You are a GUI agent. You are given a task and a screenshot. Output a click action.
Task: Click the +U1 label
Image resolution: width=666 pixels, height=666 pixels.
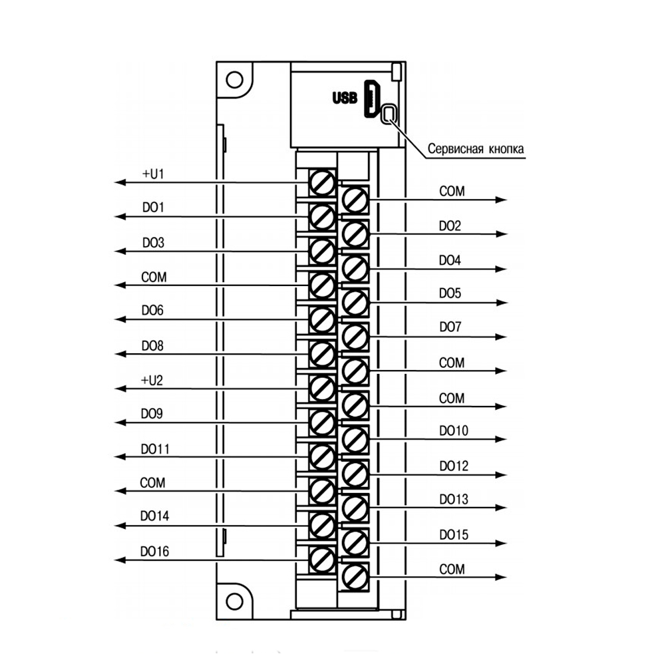tap(153, 174)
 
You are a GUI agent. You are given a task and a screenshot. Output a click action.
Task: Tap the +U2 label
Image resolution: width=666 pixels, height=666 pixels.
tap(153, 381)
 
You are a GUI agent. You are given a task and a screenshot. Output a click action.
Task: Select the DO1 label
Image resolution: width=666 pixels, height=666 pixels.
tap(153, 208)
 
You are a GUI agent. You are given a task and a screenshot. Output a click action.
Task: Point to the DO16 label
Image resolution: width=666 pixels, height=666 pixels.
tap(154, 551)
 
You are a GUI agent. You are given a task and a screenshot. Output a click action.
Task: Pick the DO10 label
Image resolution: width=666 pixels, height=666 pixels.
tap(454, 431)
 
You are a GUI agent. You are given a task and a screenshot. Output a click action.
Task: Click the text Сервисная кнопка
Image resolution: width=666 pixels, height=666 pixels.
tap(476, 148)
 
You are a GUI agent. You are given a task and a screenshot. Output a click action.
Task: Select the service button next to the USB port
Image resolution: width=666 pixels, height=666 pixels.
tap(389, 114)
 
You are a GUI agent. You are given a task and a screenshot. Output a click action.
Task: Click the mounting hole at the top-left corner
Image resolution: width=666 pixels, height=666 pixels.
tap(233, 80)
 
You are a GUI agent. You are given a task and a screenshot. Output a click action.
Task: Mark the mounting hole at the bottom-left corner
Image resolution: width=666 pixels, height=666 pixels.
tap(233, 602)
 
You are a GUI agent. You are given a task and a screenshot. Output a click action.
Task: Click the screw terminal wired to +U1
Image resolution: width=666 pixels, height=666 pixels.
tap(322, 182)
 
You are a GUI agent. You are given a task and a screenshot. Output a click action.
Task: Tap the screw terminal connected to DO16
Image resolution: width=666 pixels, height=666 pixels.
tap(322, 559)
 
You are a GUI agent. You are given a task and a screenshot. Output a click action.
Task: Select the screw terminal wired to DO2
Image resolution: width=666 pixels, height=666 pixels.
tap(355, 233)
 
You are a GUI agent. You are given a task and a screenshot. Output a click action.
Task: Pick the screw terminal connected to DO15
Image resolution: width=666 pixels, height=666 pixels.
tap(355, 542)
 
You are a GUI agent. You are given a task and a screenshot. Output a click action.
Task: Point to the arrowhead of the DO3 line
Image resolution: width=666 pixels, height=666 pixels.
tap(119, 251)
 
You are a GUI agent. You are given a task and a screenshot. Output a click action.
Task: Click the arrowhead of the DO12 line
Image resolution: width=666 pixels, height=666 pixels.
tap(502, 474)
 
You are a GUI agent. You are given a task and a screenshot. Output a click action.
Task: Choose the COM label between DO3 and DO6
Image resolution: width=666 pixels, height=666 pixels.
tap(154, 277)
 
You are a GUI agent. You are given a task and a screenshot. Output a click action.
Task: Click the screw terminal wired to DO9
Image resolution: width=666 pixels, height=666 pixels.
tap(322, 422)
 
